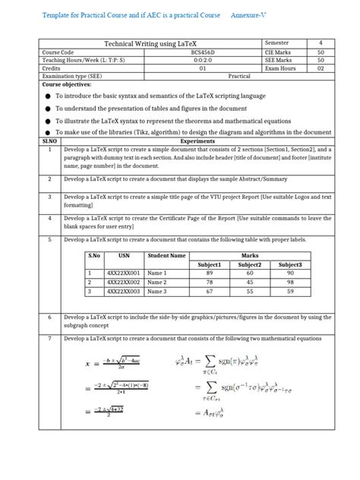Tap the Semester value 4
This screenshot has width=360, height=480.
[321, 43]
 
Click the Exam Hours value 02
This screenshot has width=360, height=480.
[321, 68]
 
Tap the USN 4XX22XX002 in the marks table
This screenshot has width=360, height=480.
[123, 281]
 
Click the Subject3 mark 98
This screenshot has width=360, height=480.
[289, 281]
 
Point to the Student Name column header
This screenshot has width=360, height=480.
[166, 256]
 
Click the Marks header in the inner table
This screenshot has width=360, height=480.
[249, 256]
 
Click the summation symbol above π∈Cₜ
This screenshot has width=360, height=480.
[209, 360]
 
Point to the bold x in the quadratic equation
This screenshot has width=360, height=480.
[88, 363]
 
